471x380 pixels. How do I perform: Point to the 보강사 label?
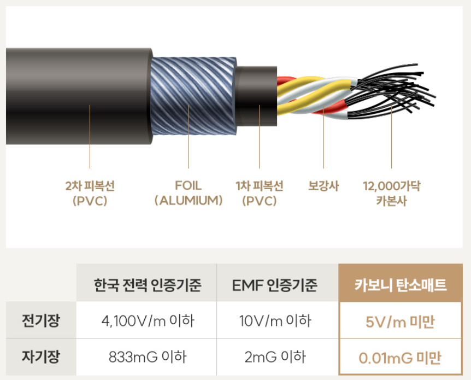tap(323, 186)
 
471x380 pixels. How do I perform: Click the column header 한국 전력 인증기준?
tap(148, 285)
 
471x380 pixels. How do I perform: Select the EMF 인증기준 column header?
tap(278, 285)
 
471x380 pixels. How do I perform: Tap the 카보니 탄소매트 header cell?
tap(401, 285)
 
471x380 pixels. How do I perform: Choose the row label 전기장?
tap(42, 320)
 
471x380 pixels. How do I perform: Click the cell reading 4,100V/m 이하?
tap(148, 320)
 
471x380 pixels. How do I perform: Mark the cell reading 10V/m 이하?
tap(278, 320)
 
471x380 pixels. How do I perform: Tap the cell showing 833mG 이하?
tap(148, 358)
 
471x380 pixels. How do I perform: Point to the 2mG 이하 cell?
tap(278, 358)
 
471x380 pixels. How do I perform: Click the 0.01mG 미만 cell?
tap(401, 358)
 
